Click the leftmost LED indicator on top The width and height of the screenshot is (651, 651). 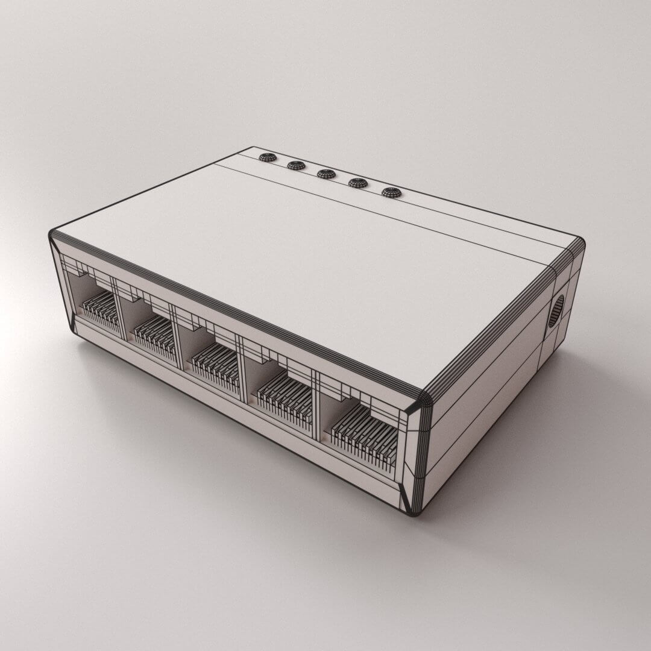(268, 157)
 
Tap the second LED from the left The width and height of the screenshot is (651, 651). (296, 165)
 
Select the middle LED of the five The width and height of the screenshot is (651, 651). (326, 174)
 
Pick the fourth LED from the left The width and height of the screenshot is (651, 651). (358, 183)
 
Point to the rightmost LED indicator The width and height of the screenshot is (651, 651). (391, 192)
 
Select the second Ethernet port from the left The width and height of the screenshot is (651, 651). (151, 330)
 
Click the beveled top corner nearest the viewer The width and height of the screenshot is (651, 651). (423, 400)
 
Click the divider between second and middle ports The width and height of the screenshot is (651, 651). (179, 347)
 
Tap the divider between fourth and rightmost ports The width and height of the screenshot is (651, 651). (315, 410)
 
